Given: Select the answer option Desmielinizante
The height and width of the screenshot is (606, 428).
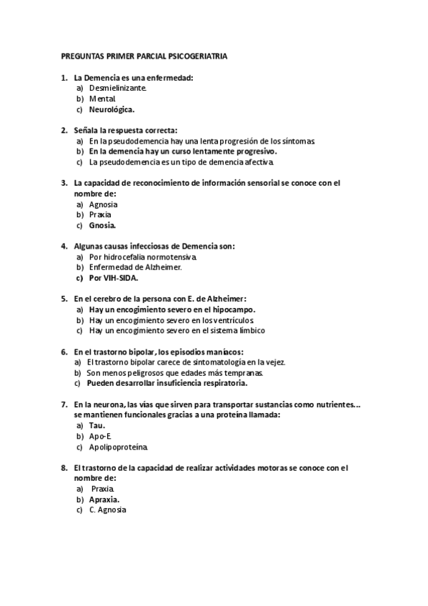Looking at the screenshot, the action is (118, 88).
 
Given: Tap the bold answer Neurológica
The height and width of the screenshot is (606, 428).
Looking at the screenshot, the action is (111, 110).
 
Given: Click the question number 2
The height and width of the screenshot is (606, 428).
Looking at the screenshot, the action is (64, 130).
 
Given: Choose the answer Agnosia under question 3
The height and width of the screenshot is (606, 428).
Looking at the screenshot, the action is (103, 204).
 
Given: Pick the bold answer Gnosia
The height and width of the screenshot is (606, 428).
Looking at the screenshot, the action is (102, 226).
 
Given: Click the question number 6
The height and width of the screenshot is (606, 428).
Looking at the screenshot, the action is (64, 352).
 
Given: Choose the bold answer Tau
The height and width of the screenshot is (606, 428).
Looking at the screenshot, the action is (97, 425).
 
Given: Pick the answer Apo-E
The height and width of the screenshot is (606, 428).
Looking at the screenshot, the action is (101, 436).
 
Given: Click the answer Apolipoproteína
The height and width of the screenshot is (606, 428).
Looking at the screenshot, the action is (119, 447).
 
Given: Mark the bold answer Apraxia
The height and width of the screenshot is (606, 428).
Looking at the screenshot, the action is (104, 499).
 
